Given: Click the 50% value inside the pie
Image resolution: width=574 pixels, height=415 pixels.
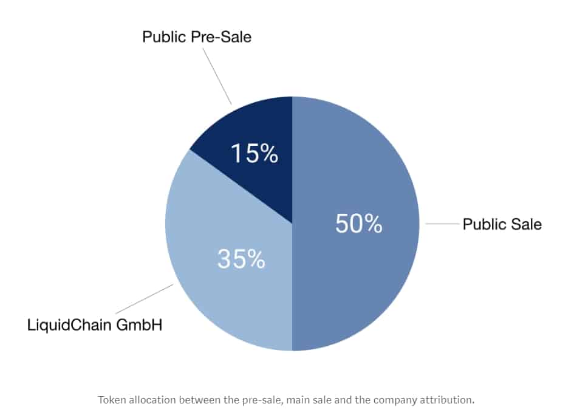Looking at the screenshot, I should click(358, 224).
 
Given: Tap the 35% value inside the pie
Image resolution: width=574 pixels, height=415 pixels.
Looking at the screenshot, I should click(241, 259).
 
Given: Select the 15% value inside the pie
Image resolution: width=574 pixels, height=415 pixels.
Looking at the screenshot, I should click(254, 153).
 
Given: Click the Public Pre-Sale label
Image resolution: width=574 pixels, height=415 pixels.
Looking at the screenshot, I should click(196, 37).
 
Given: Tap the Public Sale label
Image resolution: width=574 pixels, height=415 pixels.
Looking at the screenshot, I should click(502, 224).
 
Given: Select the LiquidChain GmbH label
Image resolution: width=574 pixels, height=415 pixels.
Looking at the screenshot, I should click(95, 324).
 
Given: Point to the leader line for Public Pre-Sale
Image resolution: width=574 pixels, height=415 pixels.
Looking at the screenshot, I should click(217, 75).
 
